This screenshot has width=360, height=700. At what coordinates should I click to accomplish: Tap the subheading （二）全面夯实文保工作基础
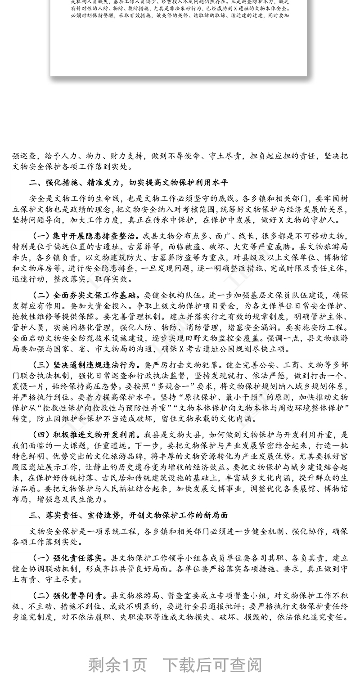pos(86,296)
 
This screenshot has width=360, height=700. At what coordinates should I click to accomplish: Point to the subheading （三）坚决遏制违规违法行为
pos(86,365)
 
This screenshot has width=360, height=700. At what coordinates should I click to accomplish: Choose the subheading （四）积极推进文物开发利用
pos(86,435)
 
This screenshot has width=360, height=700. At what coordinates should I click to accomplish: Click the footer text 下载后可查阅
pos(211,664)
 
